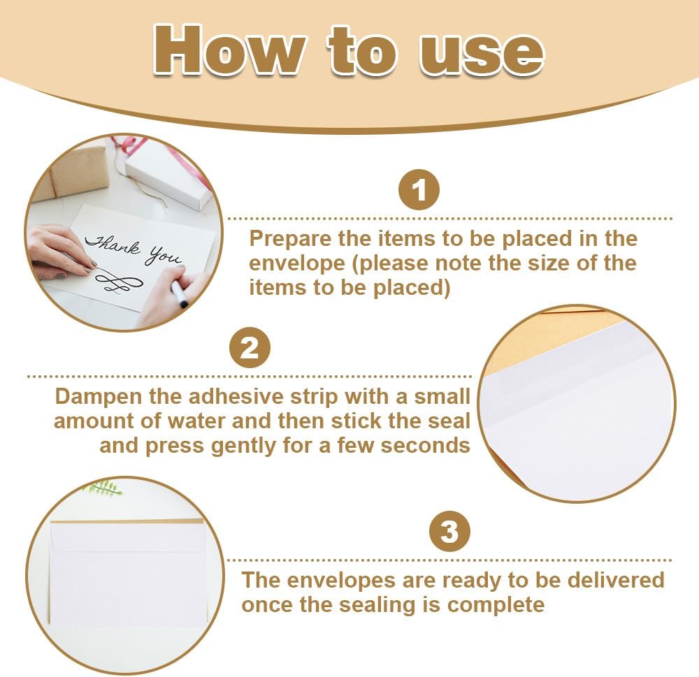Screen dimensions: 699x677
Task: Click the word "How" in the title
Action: pos(230,50)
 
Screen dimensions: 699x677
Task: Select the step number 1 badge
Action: pos(419,190)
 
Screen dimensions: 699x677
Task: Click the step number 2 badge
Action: pos(250,348)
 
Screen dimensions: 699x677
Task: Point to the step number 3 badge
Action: pos(449,531)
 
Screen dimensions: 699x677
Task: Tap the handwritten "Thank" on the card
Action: pos(113,245)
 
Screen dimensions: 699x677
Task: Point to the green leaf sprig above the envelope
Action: pos(103,489)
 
